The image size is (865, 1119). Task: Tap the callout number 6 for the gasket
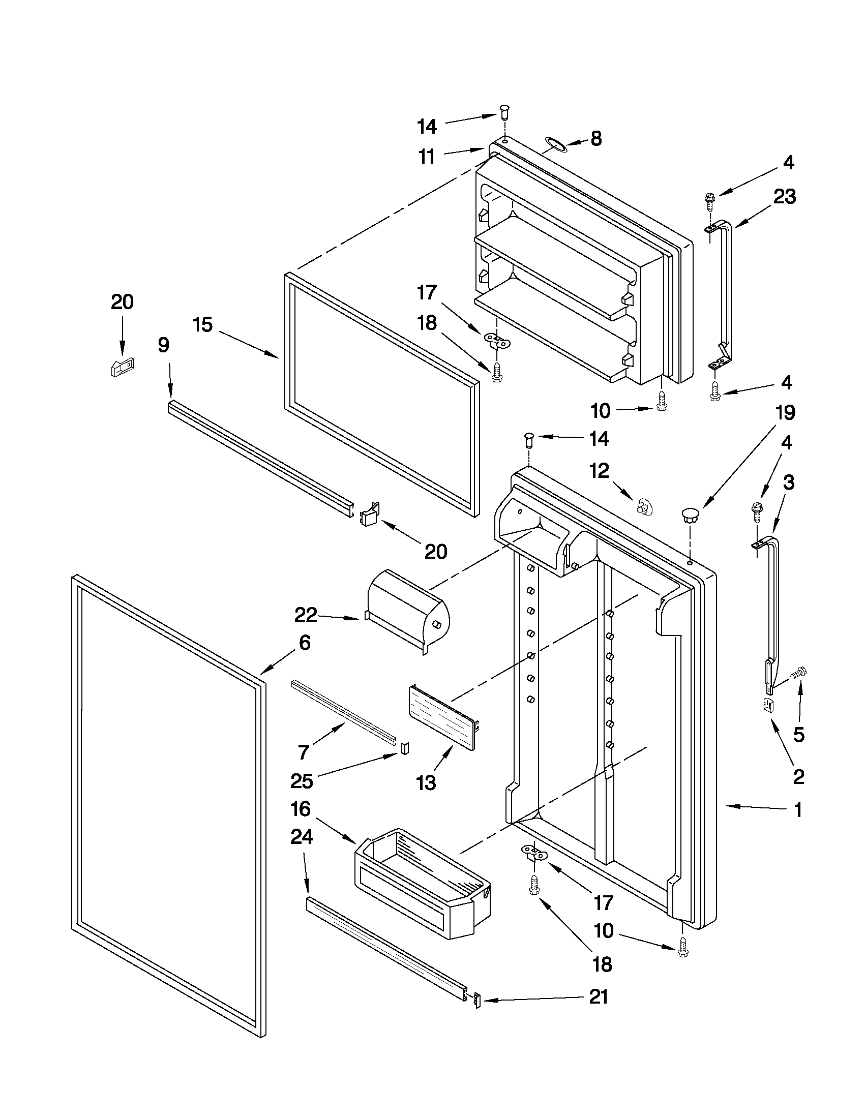305,642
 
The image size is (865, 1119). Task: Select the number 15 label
203,324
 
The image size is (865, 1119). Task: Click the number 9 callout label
163,345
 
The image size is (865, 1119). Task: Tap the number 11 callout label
426,156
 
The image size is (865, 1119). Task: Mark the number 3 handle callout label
788,482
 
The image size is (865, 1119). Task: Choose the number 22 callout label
306,615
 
